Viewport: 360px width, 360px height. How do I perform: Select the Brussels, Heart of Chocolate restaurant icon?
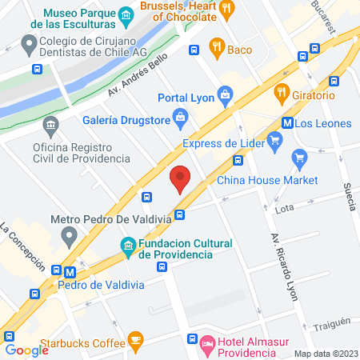pos(228,10)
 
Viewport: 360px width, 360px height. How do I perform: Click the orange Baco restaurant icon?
pos(214,47)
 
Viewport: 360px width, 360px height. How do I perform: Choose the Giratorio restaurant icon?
pos(280,92)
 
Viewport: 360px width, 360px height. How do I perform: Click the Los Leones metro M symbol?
pos(286,123)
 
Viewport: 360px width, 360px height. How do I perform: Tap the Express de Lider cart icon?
pos(275,143)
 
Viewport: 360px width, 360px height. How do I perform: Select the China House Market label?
pos(268,180)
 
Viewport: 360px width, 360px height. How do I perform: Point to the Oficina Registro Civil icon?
pos(52,126)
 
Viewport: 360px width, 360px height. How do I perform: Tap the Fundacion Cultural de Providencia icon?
pos(127,244)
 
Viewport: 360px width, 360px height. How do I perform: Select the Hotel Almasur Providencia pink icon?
pos(206,346)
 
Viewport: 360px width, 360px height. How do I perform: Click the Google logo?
pos(26,350)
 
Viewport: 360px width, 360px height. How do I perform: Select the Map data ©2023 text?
pos(325,354)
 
